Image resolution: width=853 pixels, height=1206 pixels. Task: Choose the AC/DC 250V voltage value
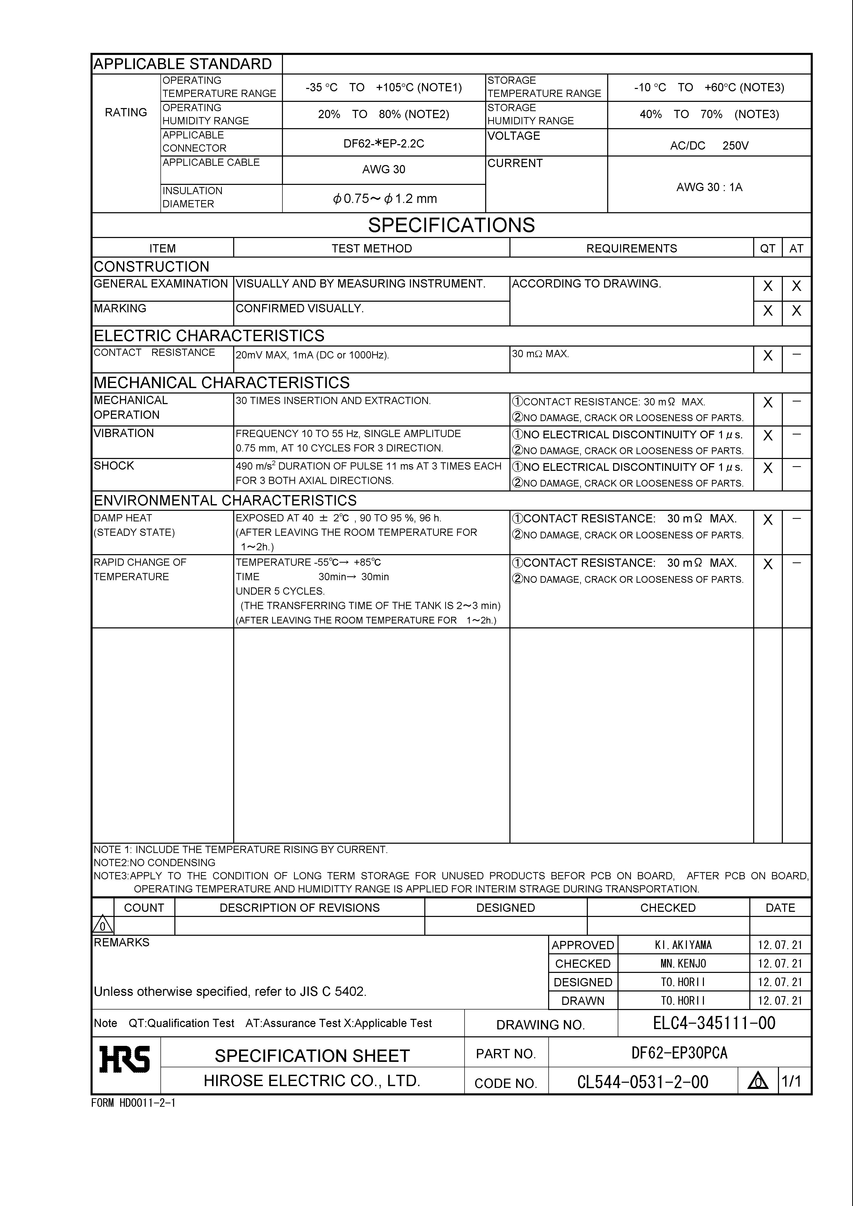click(709, 145)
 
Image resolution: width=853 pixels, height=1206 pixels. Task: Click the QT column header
click(767, 249)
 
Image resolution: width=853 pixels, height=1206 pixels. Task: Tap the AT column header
click(796, 249)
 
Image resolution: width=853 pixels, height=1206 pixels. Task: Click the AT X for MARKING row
click(796, 311)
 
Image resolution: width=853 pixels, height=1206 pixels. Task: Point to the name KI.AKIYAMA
click(683, 946)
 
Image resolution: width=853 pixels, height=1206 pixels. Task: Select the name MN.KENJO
click(683, 964)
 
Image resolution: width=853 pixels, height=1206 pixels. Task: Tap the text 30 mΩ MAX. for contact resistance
click(540, 354)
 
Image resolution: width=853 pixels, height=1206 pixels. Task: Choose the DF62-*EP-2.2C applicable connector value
click(384, 143)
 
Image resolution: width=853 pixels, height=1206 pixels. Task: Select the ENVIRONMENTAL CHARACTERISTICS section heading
click(225, 501)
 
